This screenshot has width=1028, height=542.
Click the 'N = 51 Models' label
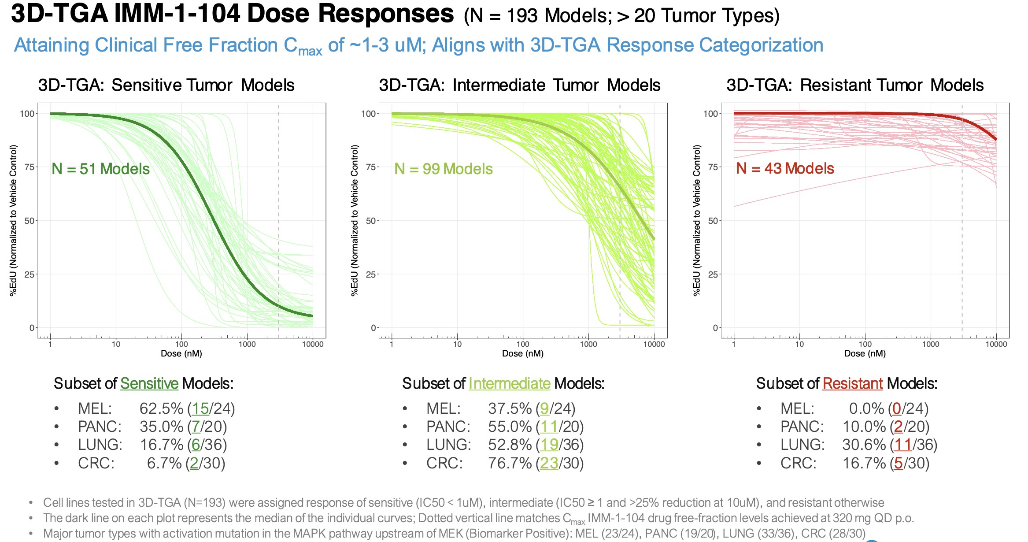(x=100, y=169)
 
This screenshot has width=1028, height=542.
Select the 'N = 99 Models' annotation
(x=443, y=169)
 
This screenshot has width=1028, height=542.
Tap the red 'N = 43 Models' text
(x=785, y=169)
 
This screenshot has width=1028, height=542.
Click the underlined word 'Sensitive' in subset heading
(x=149, y=384)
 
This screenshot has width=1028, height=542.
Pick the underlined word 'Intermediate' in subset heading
(x=509, y=384)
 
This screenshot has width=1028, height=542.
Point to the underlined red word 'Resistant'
(x=852, y=384)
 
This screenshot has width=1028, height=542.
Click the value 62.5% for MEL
(x=161, y=409)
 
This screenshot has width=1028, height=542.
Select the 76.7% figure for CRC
(x=510, y=464)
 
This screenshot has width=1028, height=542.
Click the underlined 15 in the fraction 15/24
(x=200, y=409)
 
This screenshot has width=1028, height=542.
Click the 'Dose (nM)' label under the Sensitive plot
(x=181, y=354)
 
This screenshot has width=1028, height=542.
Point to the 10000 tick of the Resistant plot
(x=996, y=345)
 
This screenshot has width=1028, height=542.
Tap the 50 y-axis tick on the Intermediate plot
(x=371, y=221)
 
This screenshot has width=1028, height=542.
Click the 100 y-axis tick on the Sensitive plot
(x=27, y=114)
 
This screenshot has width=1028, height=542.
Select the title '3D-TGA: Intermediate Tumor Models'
(x=519, y=85)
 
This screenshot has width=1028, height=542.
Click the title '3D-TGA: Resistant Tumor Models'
(x=854, y=85)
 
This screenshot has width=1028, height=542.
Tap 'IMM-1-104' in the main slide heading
(x=177, y=14)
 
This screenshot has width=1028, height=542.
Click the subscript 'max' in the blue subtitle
(x=310, y=52)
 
